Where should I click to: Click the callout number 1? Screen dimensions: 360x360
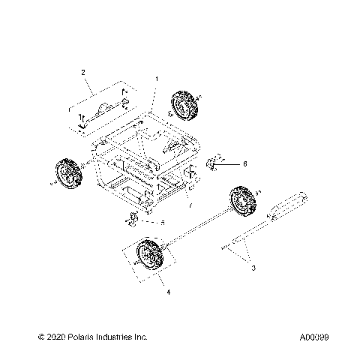coord(156,79)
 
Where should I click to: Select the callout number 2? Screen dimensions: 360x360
coord(84,72)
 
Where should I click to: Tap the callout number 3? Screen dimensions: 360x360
coord(253,268)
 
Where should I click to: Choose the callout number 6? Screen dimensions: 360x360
coord(244,163)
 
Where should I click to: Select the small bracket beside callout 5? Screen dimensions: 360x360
coord(132,220)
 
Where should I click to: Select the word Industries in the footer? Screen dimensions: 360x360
coord(116,338)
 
